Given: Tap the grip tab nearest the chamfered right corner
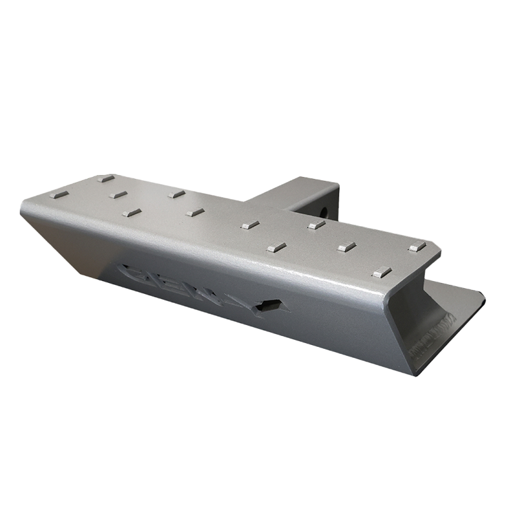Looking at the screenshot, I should (417, 246).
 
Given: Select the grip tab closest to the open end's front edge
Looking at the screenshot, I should (382, 270).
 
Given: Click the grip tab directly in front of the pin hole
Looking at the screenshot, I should (313, 225).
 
